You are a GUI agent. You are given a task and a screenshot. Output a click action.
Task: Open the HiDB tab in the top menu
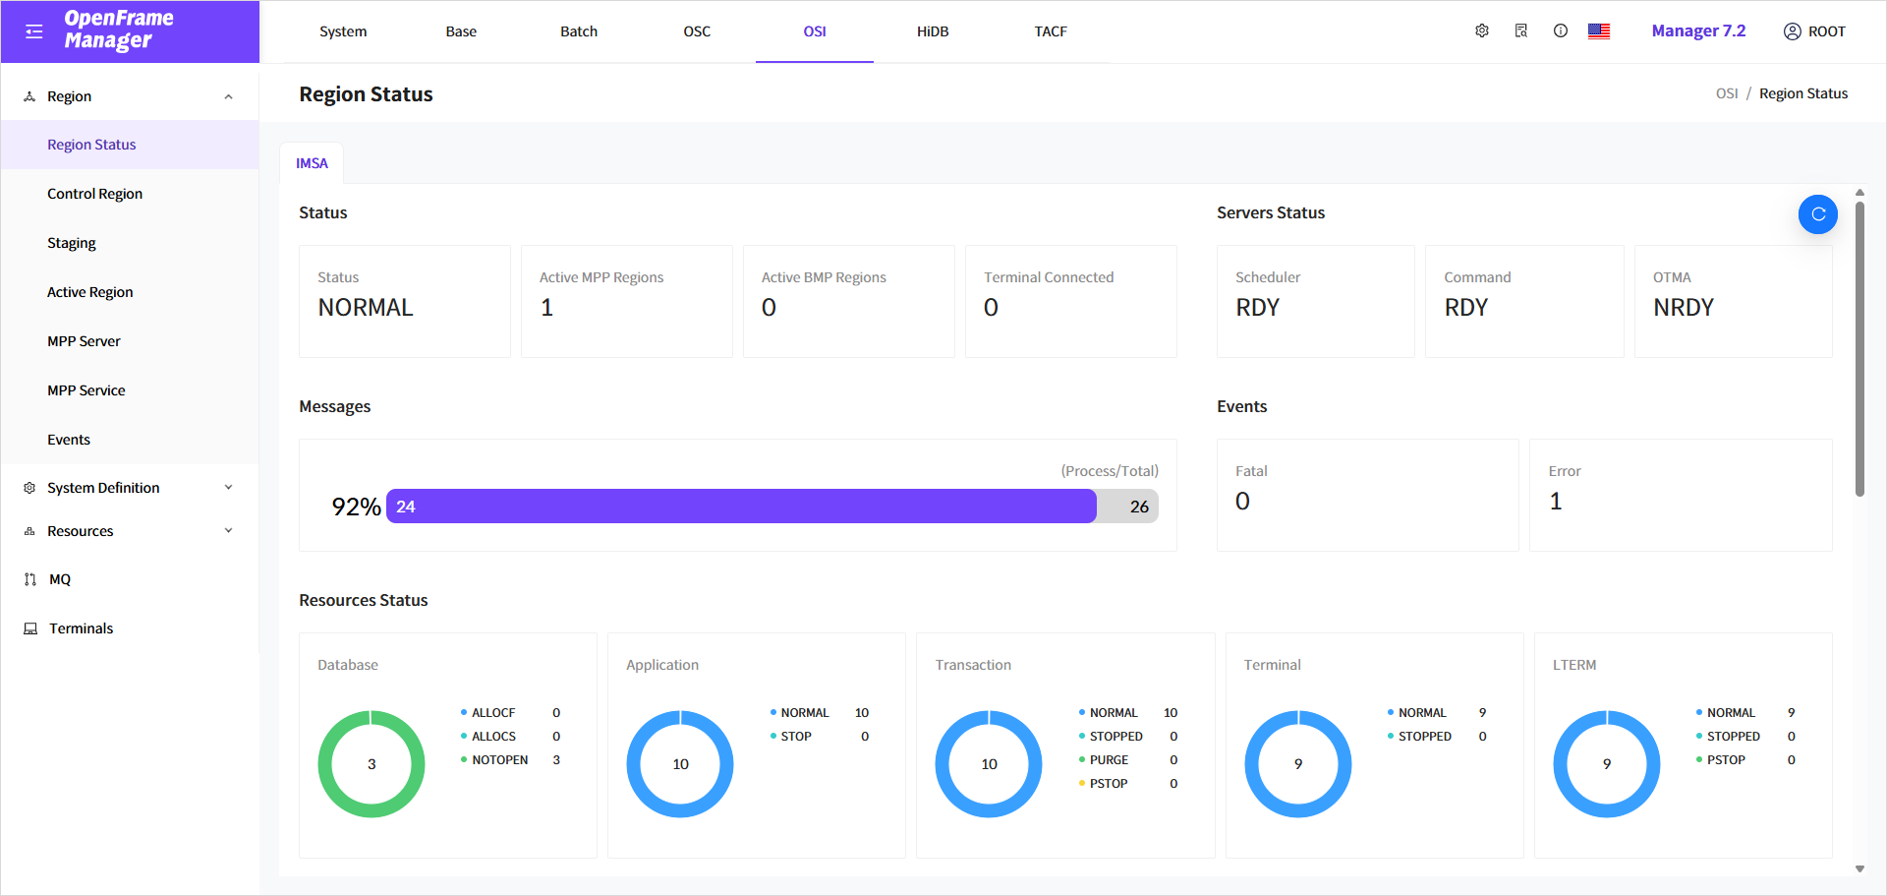click(x=932, y=31)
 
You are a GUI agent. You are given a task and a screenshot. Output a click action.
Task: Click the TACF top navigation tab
click(x=1050, y=31)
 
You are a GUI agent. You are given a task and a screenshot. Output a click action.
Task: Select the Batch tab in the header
click(x=578, y=31)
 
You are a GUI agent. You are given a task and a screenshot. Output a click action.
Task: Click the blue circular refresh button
click(x=1817, y=214)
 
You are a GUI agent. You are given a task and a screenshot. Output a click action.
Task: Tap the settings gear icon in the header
click(x=1481, y=31)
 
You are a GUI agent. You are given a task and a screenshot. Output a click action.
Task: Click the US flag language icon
click(x=1598, y=31)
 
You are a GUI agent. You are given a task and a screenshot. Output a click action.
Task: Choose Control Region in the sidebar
click(x=94, y=194)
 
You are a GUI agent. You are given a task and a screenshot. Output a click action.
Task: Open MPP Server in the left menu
click(x=84, y=341)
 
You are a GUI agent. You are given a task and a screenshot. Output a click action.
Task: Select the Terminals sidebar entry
click(x=81, y=628)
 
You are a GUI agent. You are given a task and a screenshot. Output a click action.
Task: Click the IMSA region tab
click(x=312, y=163)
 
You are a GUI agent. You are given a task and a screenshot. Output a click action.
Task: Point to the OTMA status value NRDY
click(x=1683, y=308)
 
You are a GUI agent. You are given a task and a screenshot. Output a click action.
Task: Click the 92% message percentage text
click(x=356, y=507)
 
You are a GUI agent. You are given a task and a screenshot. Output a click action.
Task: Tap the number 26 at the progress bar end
click(x=1138, y=507)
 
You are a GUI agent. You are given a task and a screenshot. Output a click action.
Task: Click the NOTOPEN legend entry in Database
click(x=499, y=760)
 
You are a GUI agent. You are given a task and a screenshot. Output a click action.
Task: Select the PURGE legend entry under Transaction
click(x=1109, y=760)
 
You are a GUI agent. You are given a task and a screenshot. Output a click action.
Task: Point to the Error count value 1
click(x=1556, y=502)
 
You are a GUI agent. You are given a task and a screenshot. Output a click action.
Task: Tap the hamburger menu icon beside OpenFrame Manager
click(x=34, y=31)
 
